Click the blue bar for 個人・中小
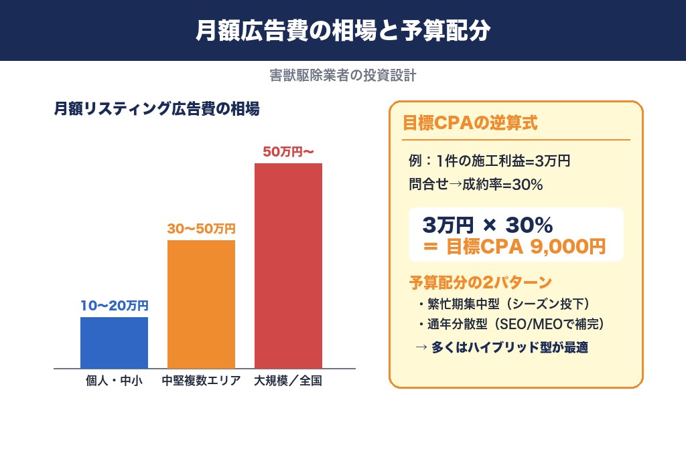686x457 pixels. tap(114, 343)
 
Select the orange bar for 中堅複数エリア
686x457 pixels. tap(201, 304)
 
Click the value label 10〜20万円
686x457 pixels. tap(114, 306)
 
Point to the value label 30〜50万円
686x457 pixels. tap(201, 229)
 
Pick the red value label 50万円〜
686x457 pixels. tap(288, 152)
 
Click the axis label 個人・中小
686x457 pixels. tap(114, 382)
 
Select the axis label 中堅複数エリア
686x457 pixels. tap(201, 382)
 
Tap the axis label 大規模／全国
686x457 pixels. tap(288, 382)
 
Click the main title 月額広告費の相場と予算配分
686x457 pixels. tap(343, 31)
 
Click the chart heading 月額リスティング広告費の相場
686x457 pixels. tap(156, 109)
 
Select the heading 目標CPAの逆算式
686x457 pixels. tap(469, 123)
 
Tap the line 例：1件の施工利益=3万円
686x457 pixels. tap(489, 161)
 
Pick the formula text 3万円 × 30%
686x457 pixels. tap(487, 224)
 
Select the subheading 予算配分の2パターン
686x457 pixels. tap(480, 281)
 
